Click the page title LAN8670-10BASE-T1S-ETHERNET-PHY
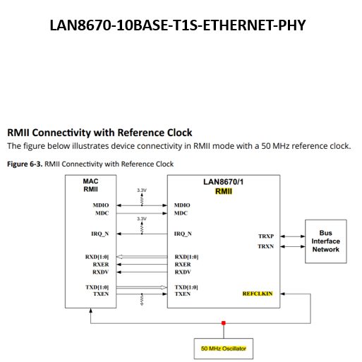[x=178, y=25]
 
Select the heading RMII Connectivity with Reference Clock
[x=99, y=132]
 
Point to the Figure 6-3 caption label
[x=24, y=164]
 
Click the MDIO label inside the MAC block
[x=99, y=205]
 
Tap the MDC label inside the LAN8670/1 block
[x=181, y=213]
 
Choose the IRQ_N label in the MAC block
[x=99, y=233]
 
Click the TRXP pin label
[x=266, y=236]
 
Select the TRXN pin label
[x=266, y=246]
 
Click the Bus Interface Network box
[x=325, y=241]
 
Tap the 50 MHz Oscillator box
[x=224, y=349]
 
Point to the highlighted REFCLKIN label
[x=258, y=293]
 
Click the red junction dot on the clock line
[x=224, y=323]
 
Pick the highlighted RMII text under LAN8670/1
[x=224, y=191]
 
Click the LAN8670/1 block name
[x=224, y=182]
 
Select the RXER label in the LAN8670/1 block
[x=182, y=265]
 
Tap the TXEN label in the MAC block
[x=100, y=294]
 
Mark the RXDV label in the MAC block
[x=100, y=272]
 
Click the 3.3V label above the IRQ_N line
[x=142, y=219]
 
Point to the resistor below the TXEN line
[x=142, y=302]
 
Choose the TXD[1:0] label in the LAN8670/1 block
[x=186, y=287]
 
